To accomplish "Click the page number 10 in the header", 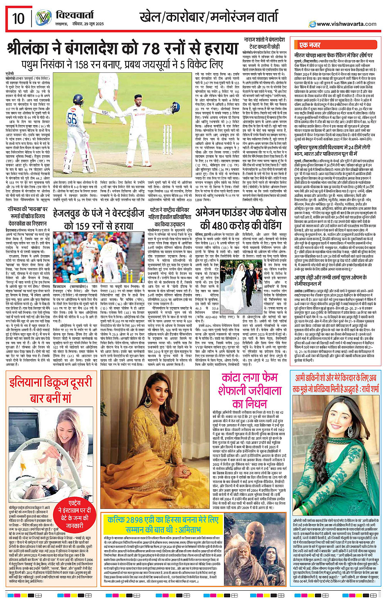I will tap(18, 18).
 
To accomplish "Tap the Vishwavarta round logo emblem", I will tap(43, 18).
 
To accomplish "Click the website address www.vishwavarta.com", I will tap(346, 24).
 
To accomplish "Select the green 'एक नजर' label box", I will tap(310, 45).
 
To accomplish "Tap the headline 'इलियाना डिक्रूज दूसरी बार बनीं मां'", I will tap(50, 390).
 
